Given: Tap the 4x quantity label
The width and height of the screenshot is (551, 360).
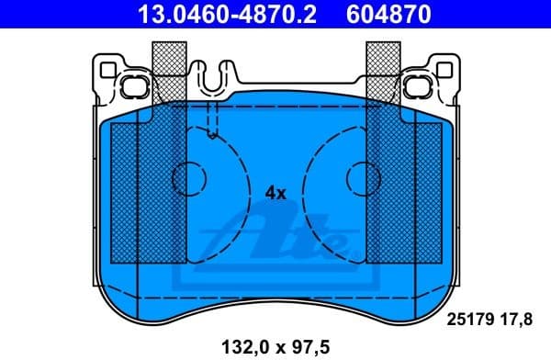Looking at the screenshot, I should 275,193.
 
